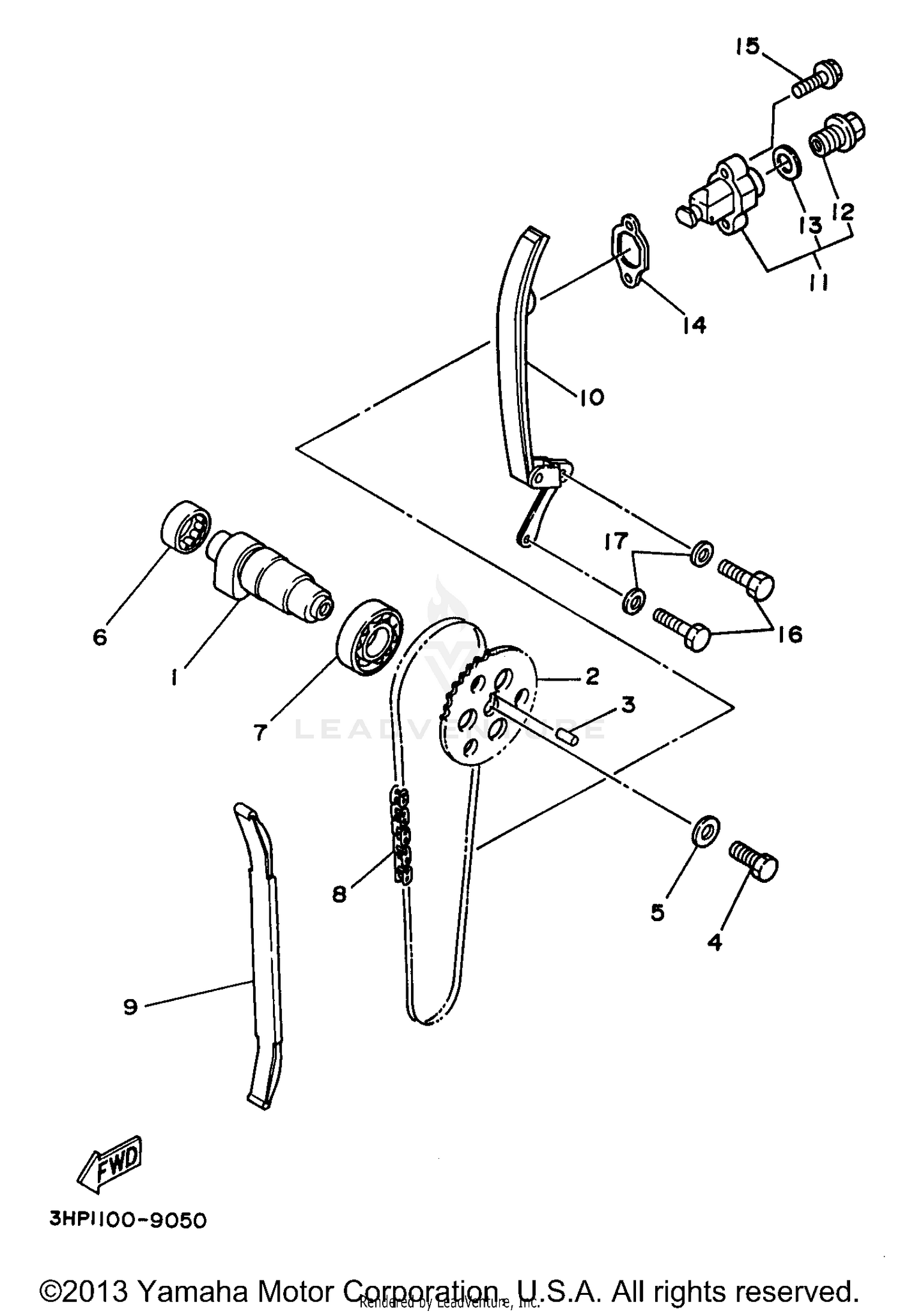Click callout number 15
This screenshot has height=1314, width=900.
click(x=748, y=46)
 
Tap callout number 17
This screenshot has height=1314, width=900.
click(x=616, y=541)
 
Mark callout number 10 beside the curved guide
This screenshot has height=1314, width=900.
click(x=591, y=396)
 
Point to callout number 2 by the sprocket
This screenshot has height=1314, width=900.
click(x=592, y=676)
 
